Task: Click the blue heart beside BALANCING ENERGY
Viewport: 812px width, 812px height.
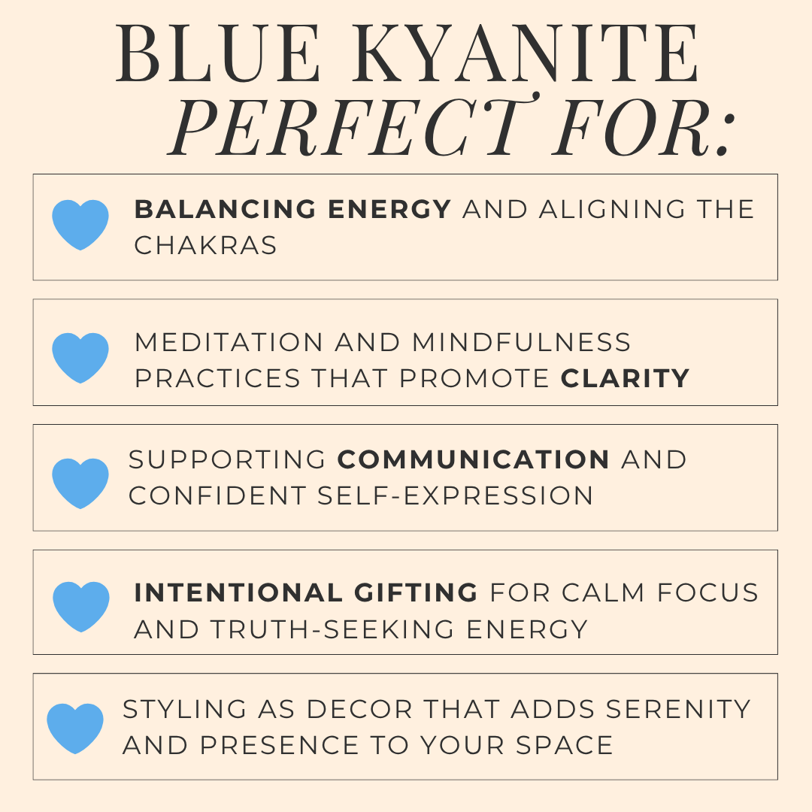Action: [80, 225]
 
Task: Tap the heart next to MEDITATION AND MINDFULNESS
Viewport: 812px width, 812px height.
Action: [80, 357]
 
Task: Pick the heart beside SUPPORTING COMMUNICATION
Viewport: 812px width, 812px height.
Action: [80, 483]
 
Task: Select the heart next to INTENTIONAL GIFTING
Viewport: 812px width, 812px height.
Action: [80, 606]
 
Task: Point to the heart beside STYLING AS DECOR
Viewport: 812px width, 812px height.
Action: [75, 729]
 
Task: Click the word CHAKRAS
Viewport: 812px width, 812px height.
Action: [205, 246]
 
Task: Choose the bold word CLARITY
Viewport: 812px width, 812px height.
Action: [625, 378]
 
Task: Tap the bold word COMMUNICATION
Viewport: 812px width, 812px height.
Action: [474, 459]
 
